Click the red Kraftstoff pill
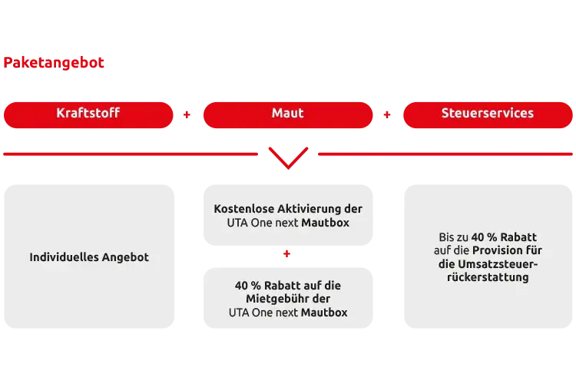(x=88, y=114)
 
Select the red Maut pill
(x=287, y=114)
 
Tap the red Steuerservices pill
(x=487, y=114)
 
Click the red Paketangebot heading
(x=53, y=63)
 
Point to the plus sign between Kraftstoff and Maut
(x=186, y=117)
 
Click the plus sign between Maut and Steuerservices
(x=387, y=117)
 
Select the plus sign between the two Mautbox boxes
(x=287, y=252)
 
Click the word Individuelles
(x=64, y=257)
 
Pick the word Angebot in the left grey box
(x=125, y=257)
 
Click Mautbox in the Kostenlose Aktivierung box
(x=325, y=223)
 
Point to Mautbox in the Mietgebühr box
(x=324, y=313)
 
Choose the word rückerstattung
(x=487, y=277)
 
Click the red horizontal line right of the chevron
(x=445, y=154)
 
